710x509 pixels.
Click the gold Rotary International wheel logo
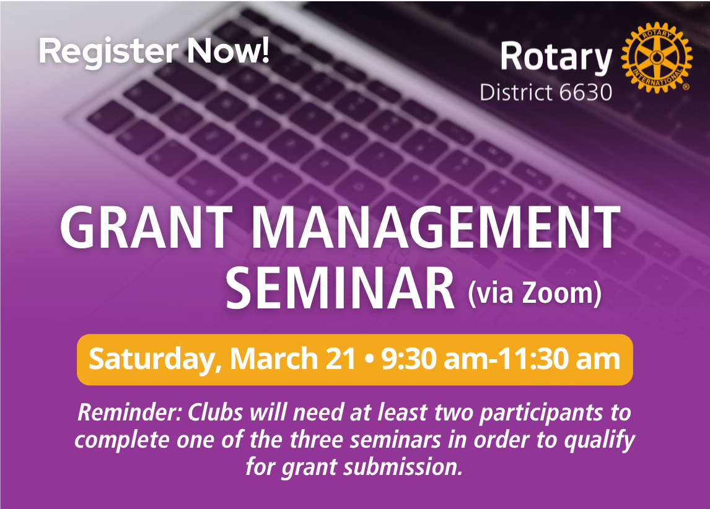tap(656, 58)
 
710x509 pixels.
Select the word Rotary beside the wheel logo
tap(556, 58)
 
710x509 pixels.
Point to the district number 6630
tap(585, 92)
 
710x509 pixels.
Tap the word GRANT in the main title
tap(146, 227)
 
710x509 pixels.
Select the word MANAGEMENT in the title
tap(435, 227)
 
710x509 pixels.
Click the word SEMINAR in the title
tap(340, 288)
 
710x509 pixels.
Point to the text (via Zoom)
tap(535, 294)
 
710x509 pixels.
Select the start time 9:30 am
tap(432, 359)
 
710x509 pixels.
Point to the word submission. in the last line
tap(403, 466)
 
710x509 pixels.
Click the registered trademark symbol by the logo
tap(686, 87)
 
